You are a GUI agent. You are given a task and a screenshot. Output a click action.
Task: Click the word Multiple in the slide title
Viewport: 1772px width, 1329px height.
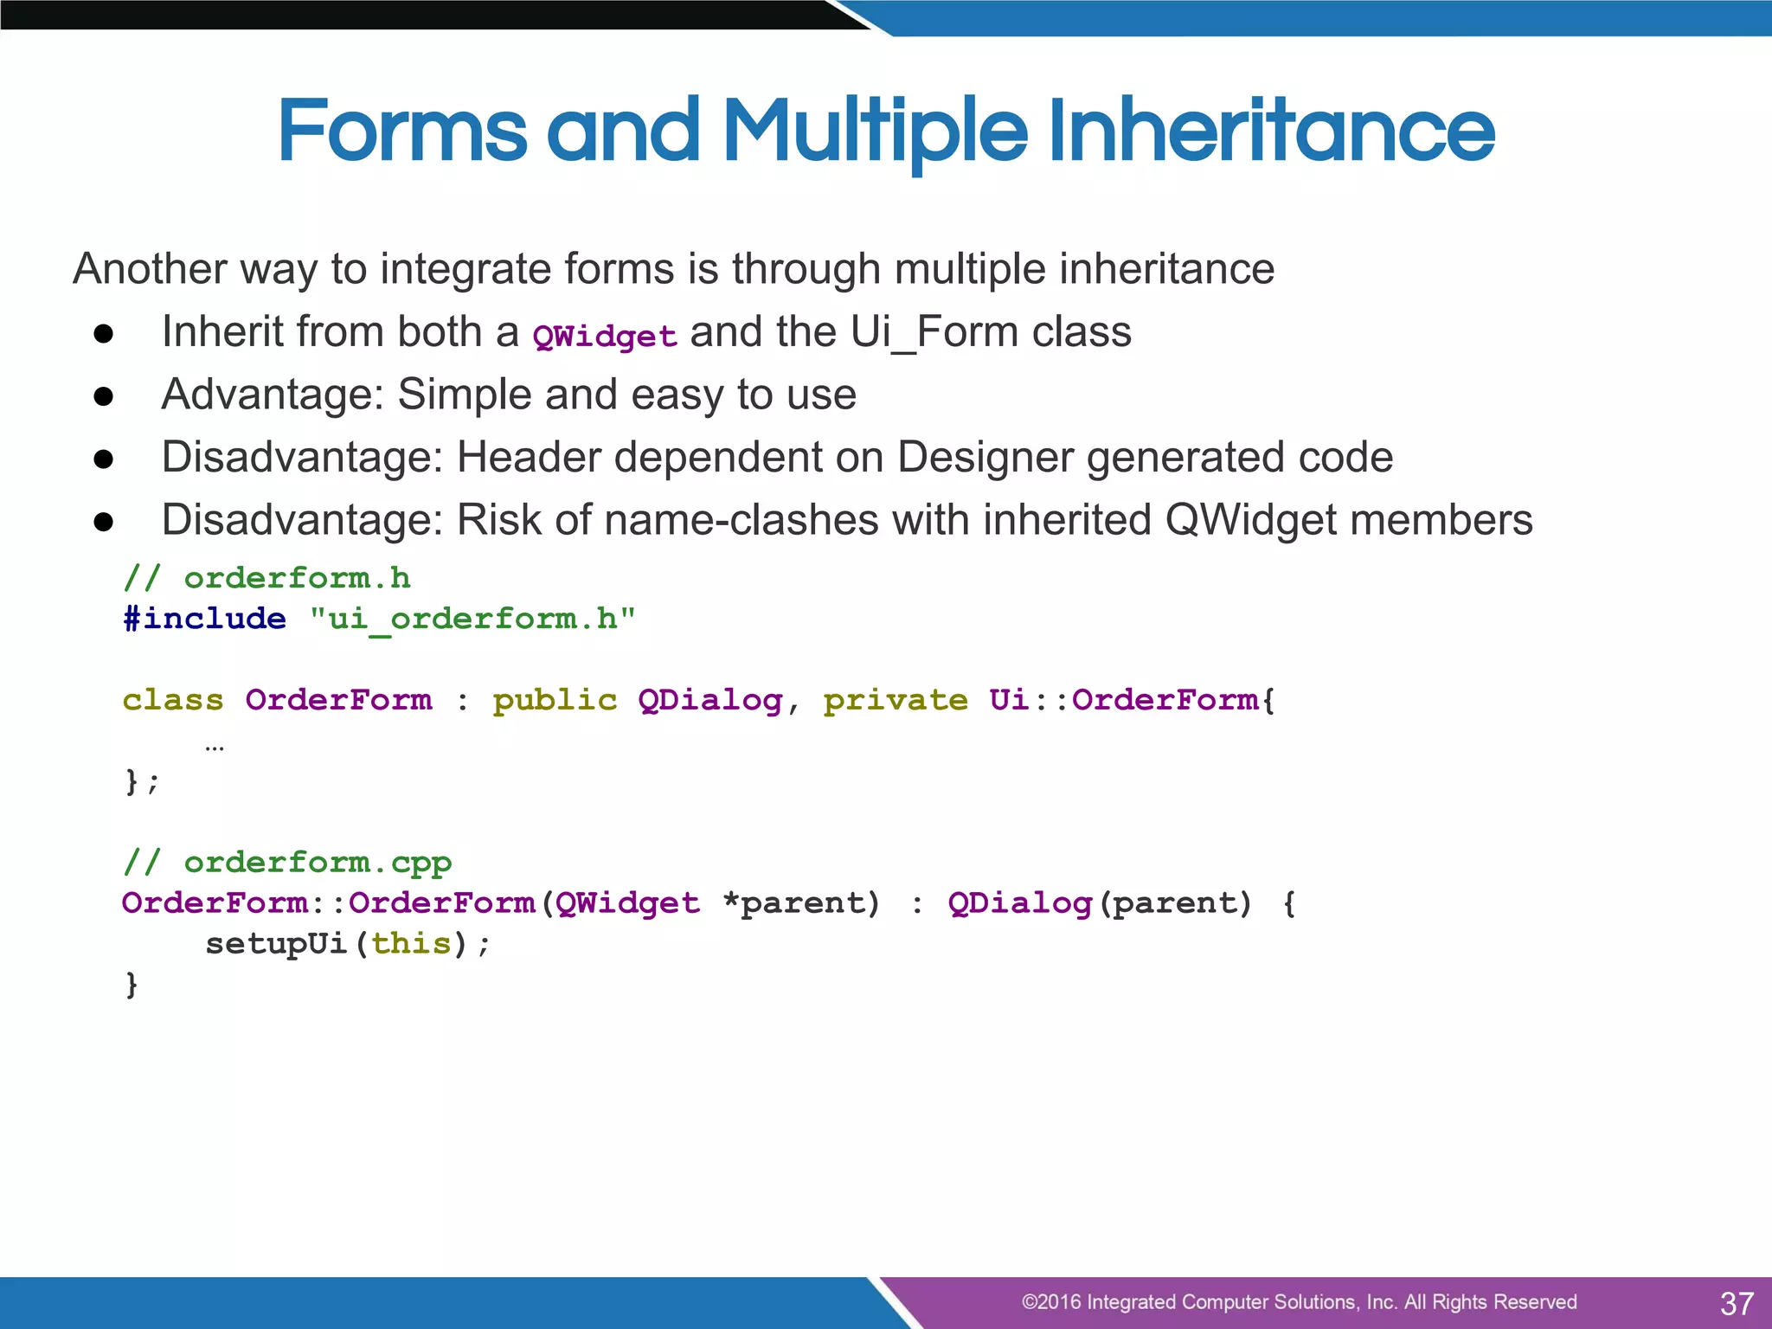pyautogui.click(x=874, y=132)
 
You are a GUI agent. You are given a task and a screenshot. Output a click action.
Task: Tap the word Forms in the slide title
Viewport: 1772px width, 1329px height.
pyautogui.click(x=401, y=132)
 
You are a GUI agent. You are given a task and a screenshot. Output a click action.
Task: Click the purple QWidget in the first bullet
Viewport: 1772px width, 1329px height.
pyautogui.click(x=605, y=336)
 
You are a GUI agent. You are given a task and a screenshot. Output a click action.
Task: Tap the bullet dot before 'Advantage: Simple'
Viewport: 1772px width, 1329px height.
pyautogui.click(x=104, y=396)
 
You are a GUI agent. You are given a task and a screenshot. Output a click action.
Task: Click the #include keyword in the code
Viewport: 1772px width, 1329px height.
pyautogui.click(x=204, y=619)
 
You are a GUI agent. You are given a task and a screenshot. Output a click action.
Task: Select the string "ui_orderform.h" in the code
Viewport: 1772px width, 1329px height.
pyautogui.click(x=472, y=620)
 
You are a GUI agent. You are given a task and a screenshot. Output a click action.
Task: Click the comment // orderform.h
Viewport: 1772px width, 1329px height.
pyautogui.click(x=266, y=578)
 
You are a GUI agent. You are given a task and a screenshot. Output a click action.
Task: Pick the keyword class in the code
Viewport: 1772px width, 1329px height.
pyautogui.click(x=173, y=700)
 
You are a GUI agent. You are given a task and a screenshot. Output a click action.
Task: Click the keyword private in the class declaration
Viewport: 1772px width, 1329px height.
pyautogui.click(x=896, y=700)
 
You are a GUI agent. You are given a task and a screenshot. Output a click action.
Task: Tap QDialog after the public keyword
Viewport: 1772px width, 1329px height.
pyautogui.click(x=710, y=700)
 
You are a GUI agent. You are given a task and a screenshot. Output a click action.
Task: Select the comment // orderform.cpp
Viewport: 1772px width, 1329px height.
pyautogui.click(x=287, y=863)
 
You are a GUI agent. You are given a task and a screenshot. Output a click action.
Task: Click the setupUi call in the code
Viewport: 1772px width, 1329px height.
pyautogui.click(x=276, y=944)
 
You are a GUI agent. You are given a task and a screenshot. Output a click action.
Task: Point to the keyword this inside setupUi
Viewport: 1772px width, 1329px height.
pyautogui.click(x=411, y=943)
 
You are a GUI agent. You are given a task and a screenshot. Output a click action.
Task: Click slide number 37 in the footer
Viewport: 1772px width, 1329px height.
pyautogui.click(x=1736, y=1303)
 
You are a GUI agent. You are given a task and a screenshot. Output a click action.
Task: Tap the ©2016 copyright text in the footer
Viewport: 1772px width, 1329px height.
pyautogui.click(x=1299, y=1302)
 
